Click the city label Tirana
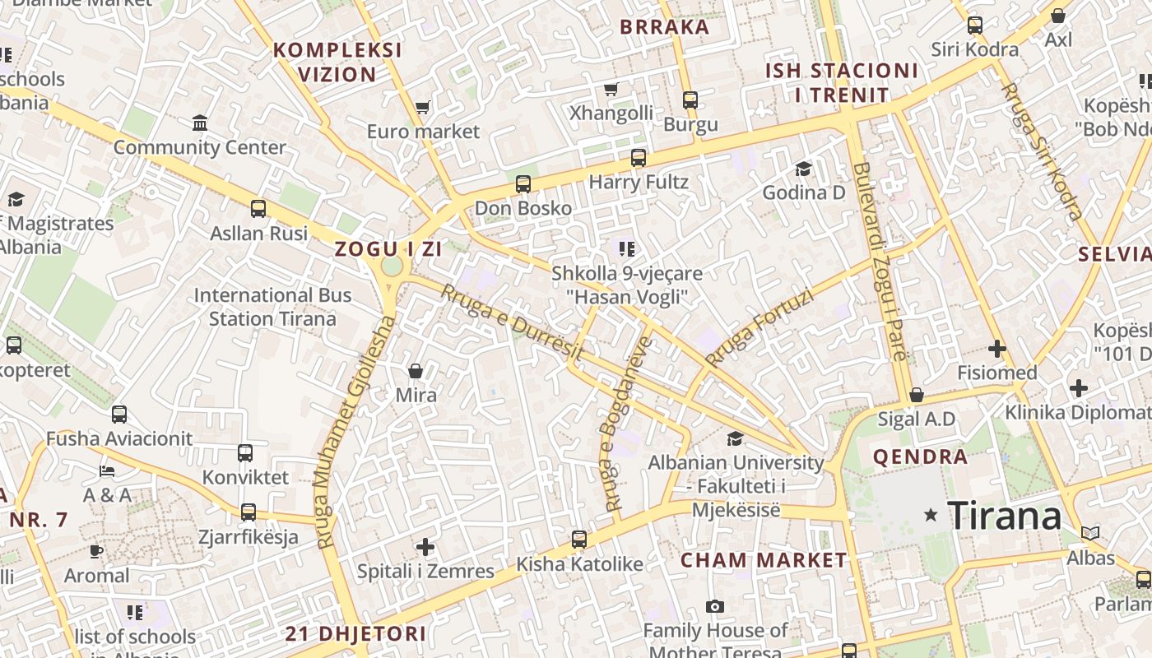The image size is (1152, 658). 1005,517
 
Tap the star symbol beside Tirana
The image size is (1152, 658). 931,515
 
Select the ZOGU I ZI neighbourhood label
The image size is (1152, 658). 388,249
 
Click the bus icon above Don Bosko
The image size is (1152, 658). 523,184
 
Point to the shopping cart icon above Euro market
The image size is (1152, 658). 423,107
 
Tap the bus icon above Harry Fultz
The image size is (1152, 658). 639,158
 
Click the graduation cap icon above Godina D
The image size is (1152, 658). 803,169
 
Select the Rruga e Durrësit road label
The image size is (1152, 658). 512,322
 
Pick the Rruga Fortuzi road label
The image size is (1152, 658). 759,327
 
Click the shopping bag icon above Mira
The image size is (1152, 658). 416,371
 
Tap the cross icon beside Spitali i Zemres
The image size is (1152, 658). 425,546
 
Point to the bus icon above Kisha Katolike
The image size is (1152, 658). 579,540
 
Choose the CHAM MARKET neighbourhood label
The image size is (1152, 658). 764,561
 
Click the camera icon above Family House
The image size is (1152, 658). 715,607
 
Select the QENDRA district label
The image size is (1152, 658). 921,457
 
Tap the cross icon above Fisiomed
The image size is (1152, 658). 997,349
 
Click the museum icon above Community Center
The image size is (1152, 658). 200,123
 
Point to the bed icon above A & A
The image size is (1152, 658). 107,471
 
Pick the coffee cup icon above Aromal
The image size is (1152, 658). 96,550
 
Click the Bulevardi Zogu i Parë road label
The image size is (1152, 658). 880,262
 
